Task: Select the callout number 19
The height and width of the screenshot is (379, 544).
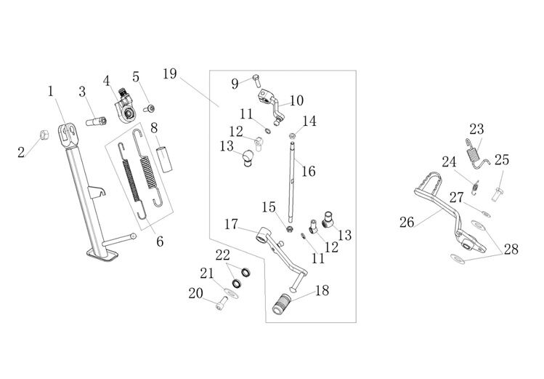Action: [x=170, y=74]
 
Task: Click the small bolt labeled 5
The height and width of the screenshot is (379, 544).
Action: [x=150, y=108]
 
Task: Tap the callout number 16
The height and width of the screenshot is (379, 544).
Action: [x=309, y=172]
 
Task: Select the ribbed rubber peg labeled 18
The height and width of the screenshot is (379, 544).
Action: [x=283, y=303]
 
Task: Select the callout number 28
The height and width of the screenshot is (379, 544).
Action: [x=511, y=250]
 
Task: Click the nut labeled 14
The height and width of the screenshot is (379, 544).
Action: [x=293, y=135]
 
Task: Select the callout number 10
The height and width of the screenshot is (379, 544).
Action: [x=296, y=100]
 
